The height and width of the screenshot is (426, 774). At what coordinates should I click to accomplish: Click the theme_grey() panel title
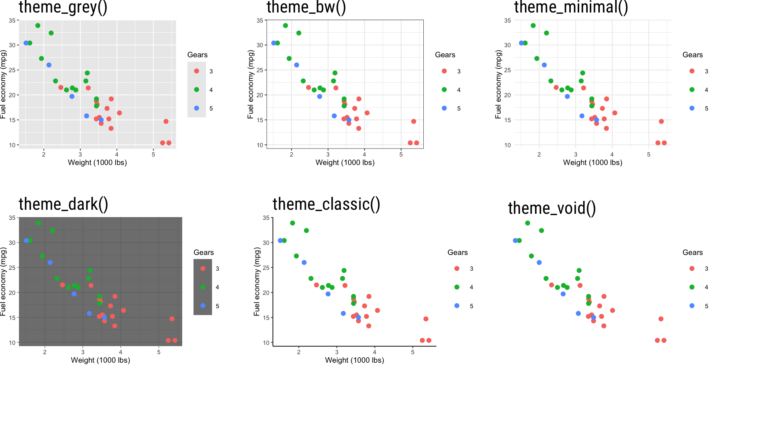click(x=63, y=7)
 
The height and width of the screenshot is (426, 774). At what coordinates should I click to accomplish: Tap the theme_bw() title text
click(x=306, y=7)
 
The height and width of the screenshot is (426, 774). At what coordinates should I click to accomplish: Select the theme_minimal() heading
click(x=571, y=7)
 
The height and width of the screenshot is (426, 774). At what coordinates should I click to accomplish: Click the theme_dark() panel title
click(x=63, y=204)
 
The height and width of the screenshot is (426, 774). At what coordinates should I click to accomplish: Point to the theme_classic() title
click(x=326, y=204)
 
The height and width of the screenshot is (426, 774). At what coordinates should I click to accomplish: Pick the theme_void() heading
click(x=551, y=208)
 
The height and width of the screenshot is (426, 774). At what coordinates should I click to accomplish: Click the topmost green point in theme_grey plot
click(x=38, y=26)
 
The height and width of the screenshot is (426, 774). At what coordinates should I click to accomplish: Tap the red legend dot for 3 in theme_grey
click(x=197, y=71)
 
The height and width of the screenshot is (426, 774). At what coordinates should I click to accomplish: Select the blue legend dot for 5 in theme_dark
click(x=203, y=306)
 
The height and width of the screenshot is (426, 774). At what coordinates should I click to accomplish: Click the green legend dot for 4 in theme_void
click(x=692, y=287)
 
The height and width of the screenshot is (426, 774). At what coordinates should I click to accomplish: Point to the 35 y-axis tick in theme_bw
click(x=260, y=21)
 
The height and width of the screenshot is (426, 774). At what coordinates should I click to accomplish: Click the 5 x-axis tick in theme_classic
click(x=412, y=352)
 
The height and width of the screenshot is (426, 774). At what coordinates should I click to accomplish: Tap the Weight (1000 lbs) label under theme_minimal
click(x=592, y=163)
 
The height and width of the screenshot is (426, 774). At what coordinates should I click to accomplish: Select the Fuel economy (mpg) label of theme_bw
click(x=250, y=84)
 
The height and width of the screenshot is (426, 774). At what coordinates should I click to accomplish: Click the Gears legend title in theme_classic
click(x=458, y=253)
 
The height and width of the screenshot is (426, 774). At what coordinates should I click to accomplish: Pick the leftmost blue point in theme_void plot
click(x=515, y=240)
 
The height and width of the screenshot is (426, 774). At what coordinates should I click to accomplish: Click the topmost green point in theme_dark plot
click(x=38, y=223)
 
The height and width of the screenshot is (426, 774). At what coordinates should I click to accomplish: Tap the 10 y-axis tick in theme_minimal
click(x=507, y=145)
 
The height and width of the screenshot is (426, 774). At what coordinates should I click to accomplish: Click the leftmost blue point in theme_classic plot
click(x=280, y=240)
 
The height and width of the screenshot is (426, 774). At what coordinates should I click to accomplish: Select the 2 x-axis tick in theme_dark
click(x=45, y=352)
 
